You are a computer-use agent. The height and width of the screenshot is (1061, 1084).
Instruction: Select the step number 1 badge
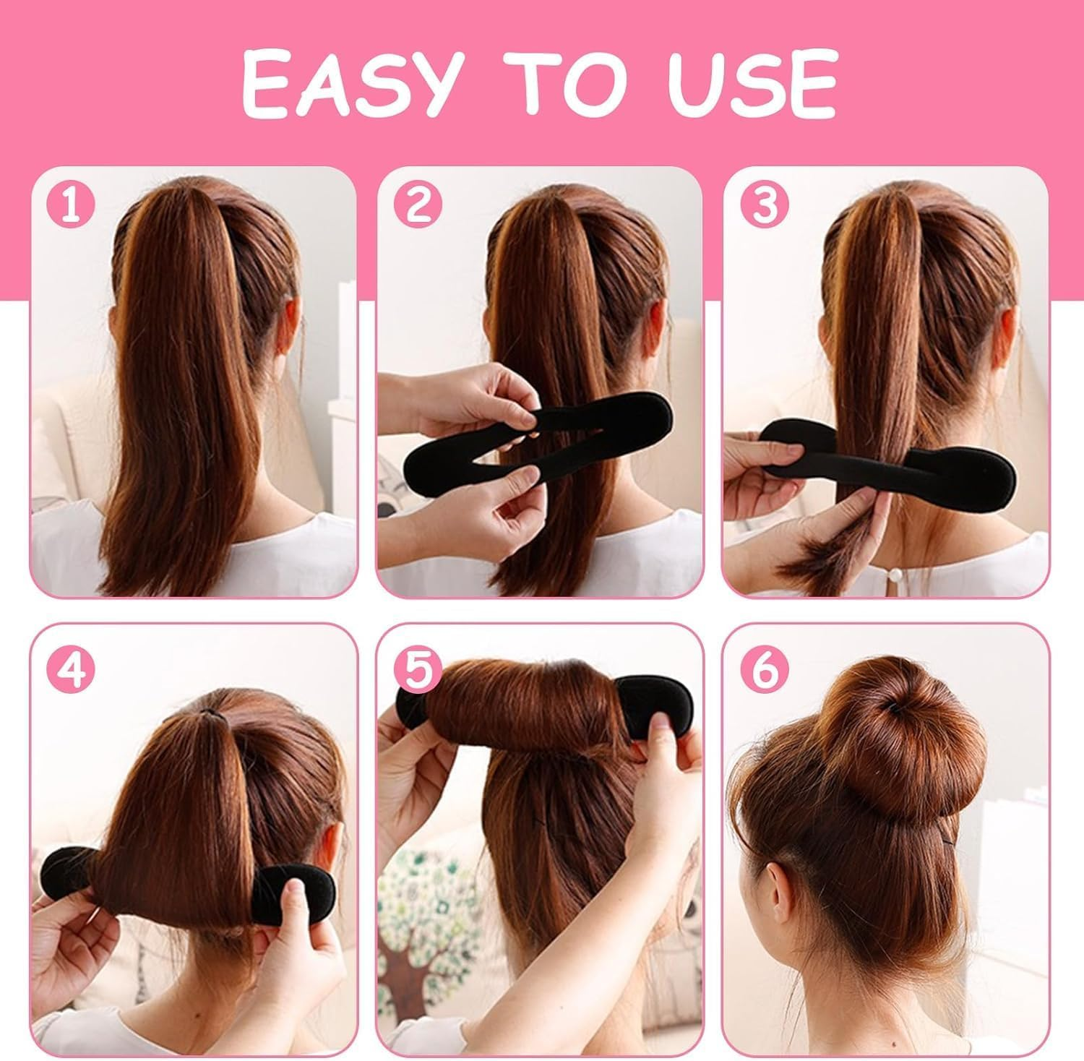71,205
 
